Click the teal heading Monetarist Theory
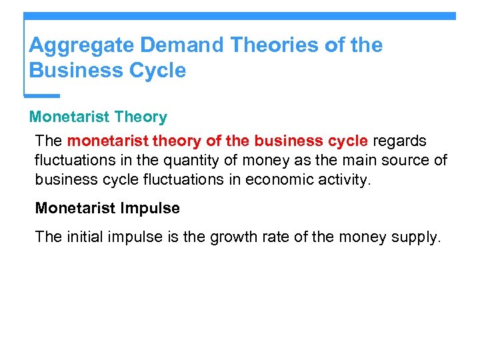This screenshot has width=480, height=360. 98,117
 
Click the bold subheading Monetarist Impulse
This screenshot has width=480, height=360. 107,208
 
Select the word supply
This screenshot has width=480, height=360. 416,237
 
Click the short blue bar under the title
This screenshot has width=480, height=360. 42,95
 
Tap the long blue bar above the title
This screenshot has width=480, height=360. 240,15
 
